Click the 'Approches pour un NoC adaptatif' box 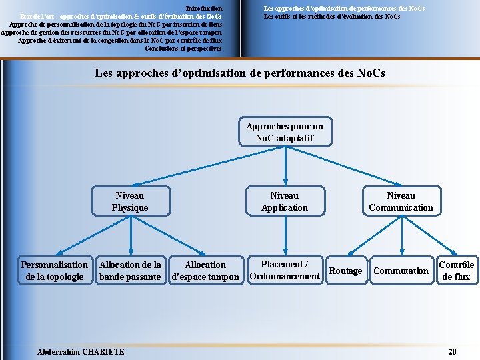285,132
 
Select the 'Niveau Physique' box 130,201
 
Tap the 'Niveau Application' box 285,201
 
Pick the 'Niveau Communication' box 401,201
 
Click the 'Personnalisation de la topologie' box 55,270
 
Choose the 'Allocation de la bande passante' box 130,270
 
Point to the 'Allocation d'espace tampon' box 205,270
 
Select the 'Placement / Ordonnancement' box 285,270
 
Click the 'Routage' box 346,271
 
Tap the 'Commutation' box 401,271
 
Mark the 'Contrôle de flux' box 457,270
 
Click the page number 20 453,351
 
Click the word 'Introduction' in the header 204,8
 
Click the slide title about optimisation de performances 240,72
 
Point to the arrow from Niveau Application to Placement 285,235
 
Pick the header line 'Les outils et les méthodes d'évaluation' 332,16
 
